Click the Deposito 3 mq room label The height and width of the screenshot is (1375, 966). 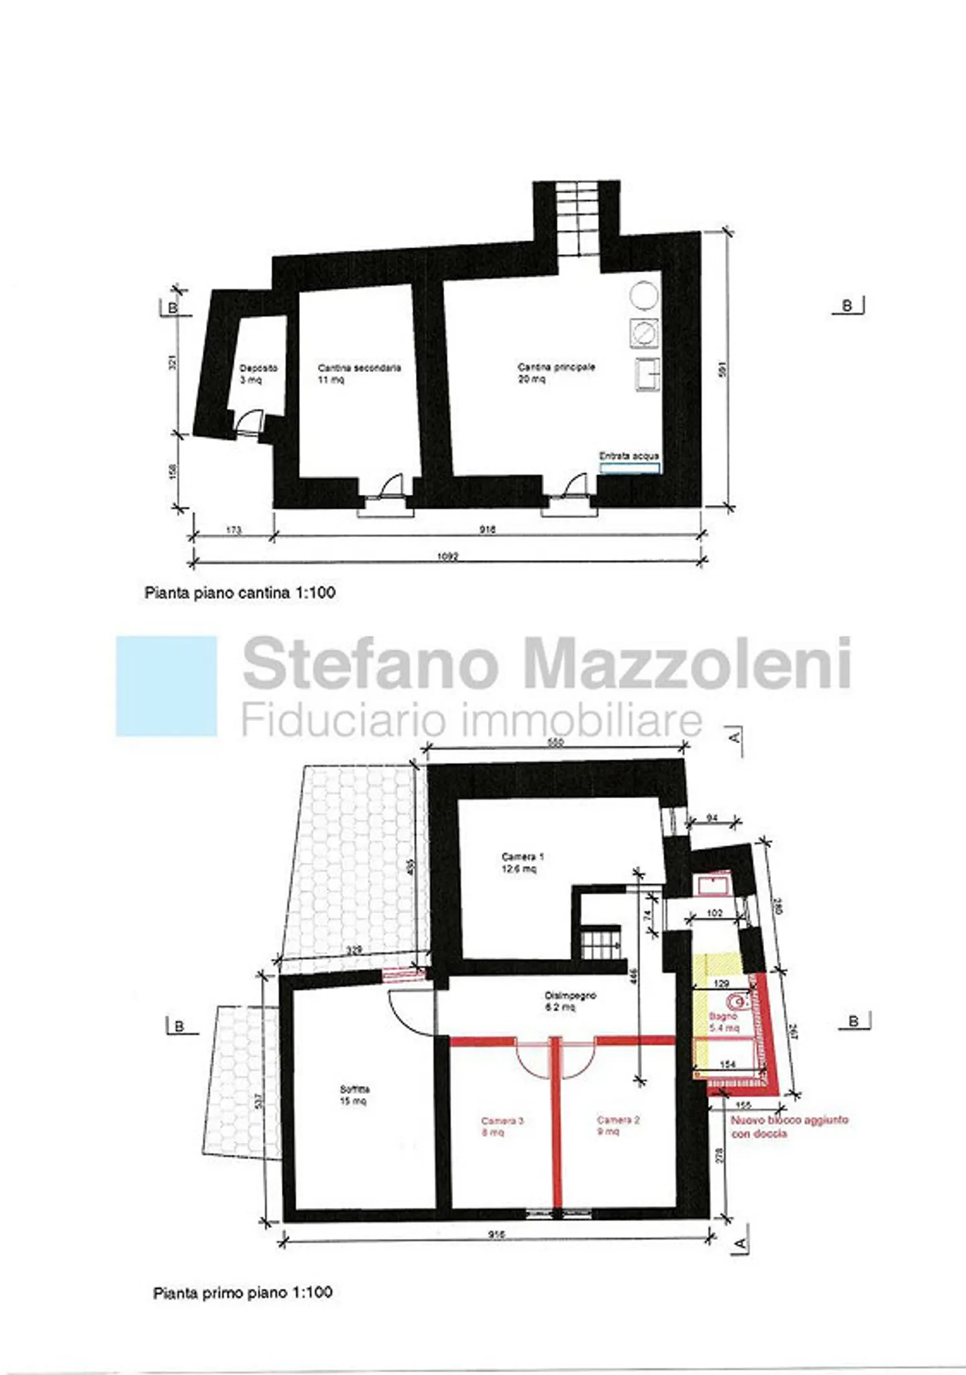[x=258, y=374]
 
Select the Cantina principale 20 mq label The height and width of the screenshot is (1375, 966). [x=555, y=373]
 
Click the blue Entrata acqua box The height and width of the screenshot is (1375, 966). [x=629, y=467]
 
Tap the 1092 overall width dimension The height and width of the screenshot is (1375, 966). [x=447, y=556]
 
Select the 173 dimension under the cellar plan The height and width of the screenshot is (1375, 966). [x=233, y=531]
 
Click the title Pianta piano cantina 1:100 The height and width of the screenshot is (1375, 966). [x=240, y=593]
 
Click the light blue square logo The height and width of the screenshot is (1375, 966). [x=166, y=686]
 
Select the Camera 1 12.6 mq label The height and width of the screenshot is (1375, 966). [x=522, y=863]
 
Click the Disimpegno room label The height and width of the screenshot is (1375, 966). [x=570, y=1001]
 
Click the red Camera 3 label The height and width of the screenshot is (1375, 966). [x=501, y=1126]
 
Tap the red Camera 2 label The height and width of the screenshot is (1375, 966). [x=618, y=1125]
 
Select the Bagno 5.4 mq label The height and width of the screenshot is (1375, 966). [x=723, y=1022]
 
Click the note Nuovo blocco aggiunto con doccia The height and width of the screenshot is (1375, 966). [x=788, y=1127]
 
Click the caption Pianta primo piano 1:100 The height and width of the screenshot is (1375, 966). [x=242, y=1292]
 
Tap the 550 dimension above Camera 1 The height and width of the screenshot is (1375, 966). [x=555, y=742]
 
